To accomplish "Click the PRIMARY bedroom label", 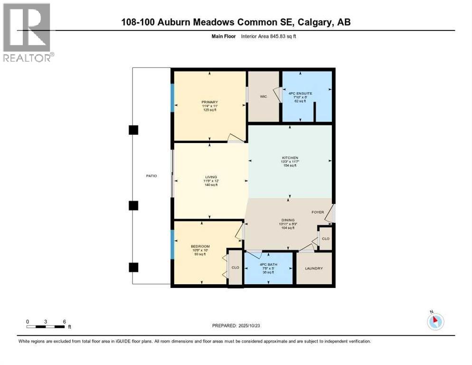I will point(209,102).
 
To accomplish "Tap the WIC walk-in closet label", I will point(264,96).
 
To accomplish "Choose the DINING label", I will point(288,220).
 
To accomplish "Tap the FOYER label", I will point(318,212).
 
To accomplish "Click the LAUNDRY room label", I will point(313,269).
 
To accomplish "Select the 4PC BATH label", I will point(268,264).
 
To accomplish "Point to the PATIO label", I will point(151,176).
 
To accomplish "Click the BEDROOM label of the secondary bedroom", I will point(200,246).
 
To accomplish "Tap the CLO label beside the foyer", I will point(325,239).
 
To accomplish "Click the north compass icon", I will point(435,321).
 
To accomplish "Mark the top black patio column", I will point(133,130).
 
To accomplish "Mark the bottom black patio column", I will point(133,267).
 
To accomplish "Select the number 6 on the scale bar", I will point(64,321).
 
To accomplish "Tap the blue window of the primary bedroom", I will point(173,98).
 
